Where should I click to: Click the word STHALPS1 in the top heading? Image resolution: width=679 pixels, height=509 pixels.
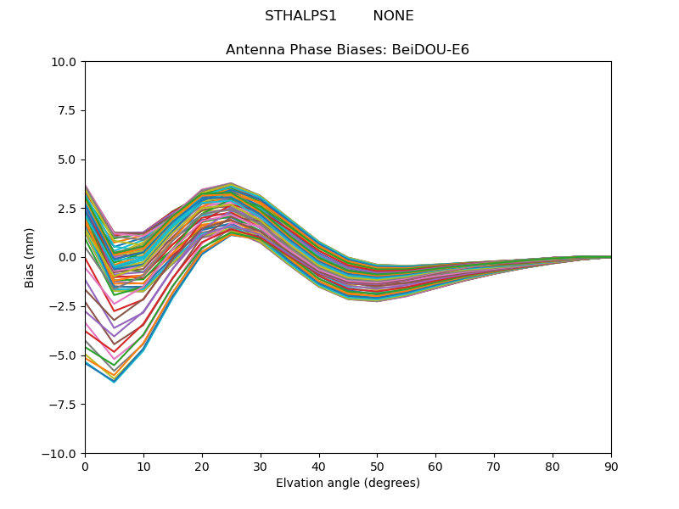[300, 16]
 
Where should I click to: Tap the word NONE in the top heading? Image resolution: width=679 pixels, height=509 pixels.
[393, 16]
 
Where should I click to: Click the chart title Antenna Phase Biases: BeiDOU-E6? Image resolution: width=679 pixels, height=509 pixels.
[347, 50]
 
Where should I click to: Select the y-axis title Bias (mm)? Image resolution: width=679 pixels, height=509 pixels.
[30, 257]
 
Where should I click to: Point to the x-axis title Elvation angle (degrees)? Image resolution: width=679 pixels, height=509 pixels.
[348, 484]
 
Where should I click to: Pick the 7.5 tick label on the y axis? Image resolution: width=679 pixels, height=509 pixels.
[68, 111]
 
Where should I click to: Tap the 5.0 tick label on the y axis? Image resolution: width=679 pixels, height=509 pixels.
[68, 159]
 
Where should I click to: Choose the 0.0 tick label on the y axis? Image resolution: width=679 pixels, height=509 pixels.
[68, 258]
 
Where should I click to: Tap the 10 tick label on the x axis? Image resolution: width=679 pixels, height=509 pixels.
[143, 466]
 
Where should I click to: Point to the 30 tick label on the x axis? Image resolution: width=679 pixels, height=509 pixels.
[261, 466]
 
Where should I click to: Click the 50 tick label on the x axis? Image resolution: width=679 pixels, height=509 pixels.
[377, 466]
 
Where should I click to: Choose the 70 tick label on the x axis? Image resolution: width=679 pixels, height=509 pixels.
[494, 466]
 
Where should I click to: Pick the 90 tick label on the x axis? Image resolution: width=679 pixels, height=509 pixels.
[611, 466]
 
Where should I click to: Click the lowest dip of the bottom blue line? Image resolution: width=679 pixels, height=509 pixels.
[114, 382]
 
